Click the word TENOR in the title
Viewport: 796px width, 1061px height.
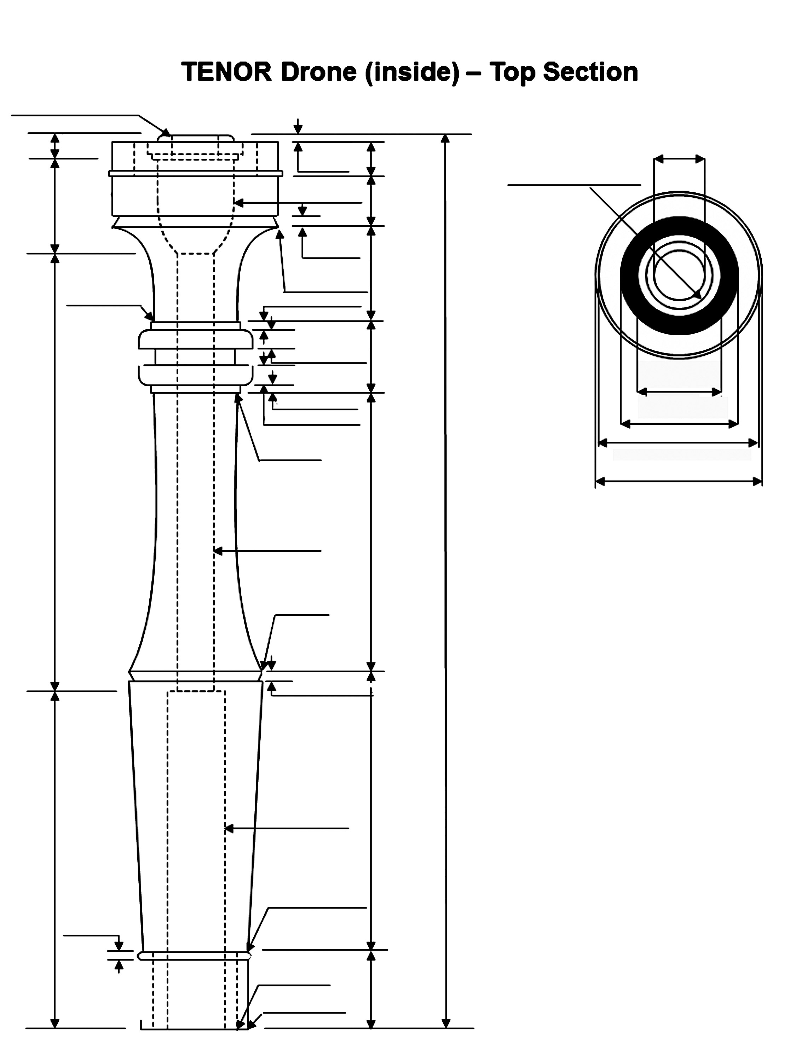(x=227, y=72)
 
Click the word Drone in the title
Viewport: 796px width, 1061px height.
(x=319, y=72)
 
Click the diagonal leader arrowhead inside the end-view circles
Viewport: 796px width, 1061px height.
(x=698, y=294)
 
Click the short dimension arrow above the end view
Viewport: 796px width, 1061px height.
(x=679, y=159)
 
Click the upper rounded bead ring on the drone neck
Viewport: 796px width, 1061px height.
(x=195, y=339)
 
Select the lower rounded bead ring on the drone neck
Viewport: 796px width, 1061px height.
(x=195, y=375)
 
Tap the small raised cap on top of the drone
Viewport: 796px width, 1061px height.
(x=196, y=138)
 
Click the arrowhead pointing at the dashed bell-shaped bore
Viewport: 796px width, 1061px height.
(x=238, y=203)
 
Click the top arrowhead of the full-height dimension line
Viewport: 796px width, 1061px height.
(x=445, y=139)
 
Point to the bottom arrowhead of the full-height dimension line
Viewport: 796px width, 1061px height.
(x=445, y=1023)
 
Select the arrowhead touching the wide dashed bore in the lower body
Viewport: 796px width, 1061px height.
(x=229, y=828)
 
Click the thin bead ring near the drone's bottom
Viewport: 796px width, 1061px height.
(x=194, y=956)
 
